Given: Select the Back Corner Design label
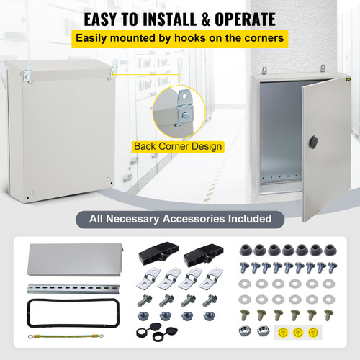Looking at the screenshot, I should pos(178,146).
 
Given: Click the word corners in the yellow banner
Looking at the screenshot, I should pos(260,37).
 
